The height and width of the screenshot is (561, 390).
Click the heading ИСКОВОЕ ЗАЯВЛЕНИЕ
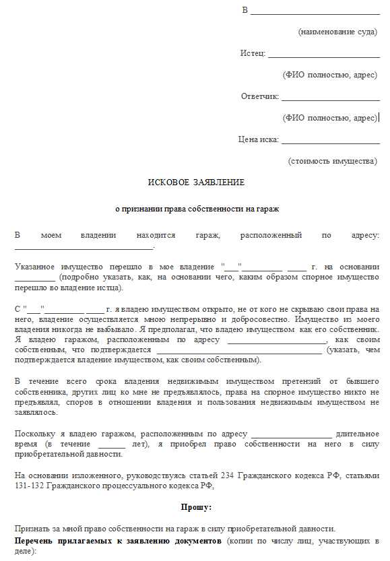(196, 183)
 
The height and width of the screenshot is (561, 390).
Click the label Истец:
(253, 53)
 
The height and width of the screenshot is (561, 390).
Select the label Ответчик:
(260, 96)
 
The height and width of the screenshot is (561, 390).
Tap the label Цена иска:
(258, 139)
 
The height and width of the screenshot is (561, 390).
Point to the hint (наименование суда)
(337, 32)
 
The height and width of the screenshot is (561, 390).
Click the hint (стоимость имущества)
(333, 161)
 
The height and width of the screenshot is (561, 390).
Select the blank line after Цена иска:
(330, 141)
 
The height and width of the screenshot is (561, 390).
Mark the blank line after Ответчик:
(331, 98)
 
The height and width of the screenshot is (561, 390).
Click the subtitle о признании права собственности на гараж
(196, 209)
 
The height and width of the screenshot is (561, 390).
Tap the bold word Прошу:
(196, 506)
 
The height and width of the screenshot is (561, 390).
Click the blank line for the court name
(315, 12)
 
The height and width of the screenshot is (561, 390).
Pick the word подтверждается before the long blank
(121, 350)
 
